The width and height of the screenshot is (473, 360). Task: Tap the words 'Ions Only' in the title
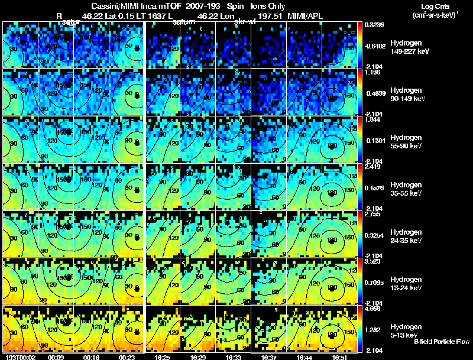(267, 6)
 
